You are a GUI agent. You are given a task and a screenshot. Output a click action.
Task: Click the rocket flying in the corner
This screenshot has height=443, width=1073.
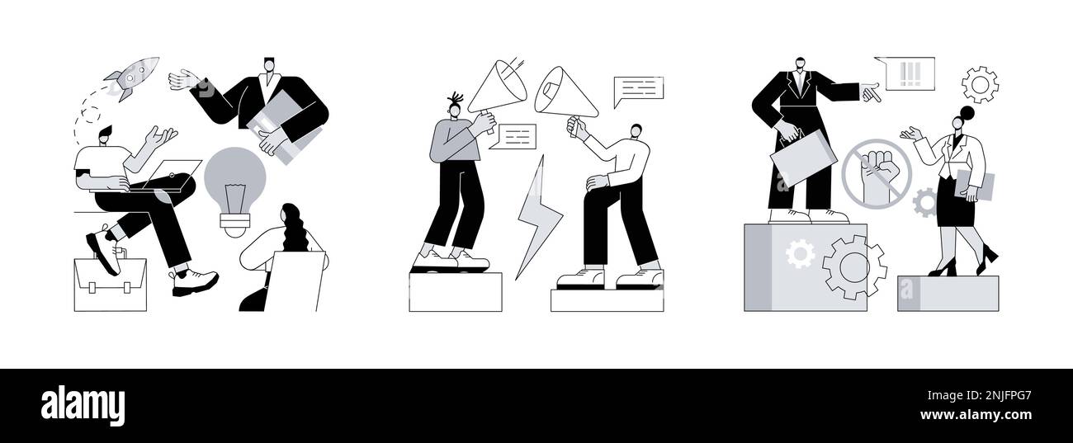pyautogui.click(x=132, y=77)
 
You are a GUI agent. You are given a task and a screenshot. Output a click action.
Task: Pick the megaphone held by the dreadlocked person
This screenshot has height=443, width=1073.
pyautogui.click(x=497, y=87)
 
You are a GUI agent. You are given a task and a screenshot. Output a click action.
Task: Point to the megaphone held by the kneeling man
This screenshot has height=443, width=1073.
pyautogui.click(x=565, y=92)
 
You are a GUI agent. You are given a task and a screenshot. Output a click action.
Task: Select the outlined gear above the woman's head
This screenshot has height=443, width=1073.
pyautogui.click(x=980, y=84)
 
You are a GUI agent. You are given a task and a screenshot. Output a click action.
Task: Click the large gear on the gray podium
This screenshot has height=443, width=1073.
pyautogui.click(x=853, y=266)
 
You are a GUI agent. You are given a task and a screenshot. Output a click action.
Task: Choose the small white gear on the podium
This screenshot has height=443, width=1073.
pyautogui.click(x=799, y=253)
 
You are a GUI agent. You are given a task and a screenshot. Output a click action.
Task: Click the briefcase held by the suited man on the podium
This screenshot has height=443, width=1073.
pyautogui.click(x=803, y=158)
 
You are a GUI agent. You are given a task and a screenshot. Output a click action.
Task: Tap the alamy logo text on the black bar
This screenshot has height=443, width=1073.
pyautogui.click(x=83, y=406)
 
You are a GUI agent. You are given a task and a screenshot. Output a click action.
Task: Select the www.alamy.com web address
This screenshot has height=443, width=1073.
pyautogui.click(x=976, y=415)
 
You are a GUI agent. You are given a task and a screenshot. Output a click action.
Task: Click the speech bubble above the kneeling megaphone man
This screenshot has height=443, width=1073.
pyautogui.click(x=638, y=90)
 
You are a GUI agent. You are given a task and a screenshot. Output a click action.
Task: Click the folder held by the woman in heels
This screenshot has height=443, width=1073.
pyautogui.click(x=975, y=186)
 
